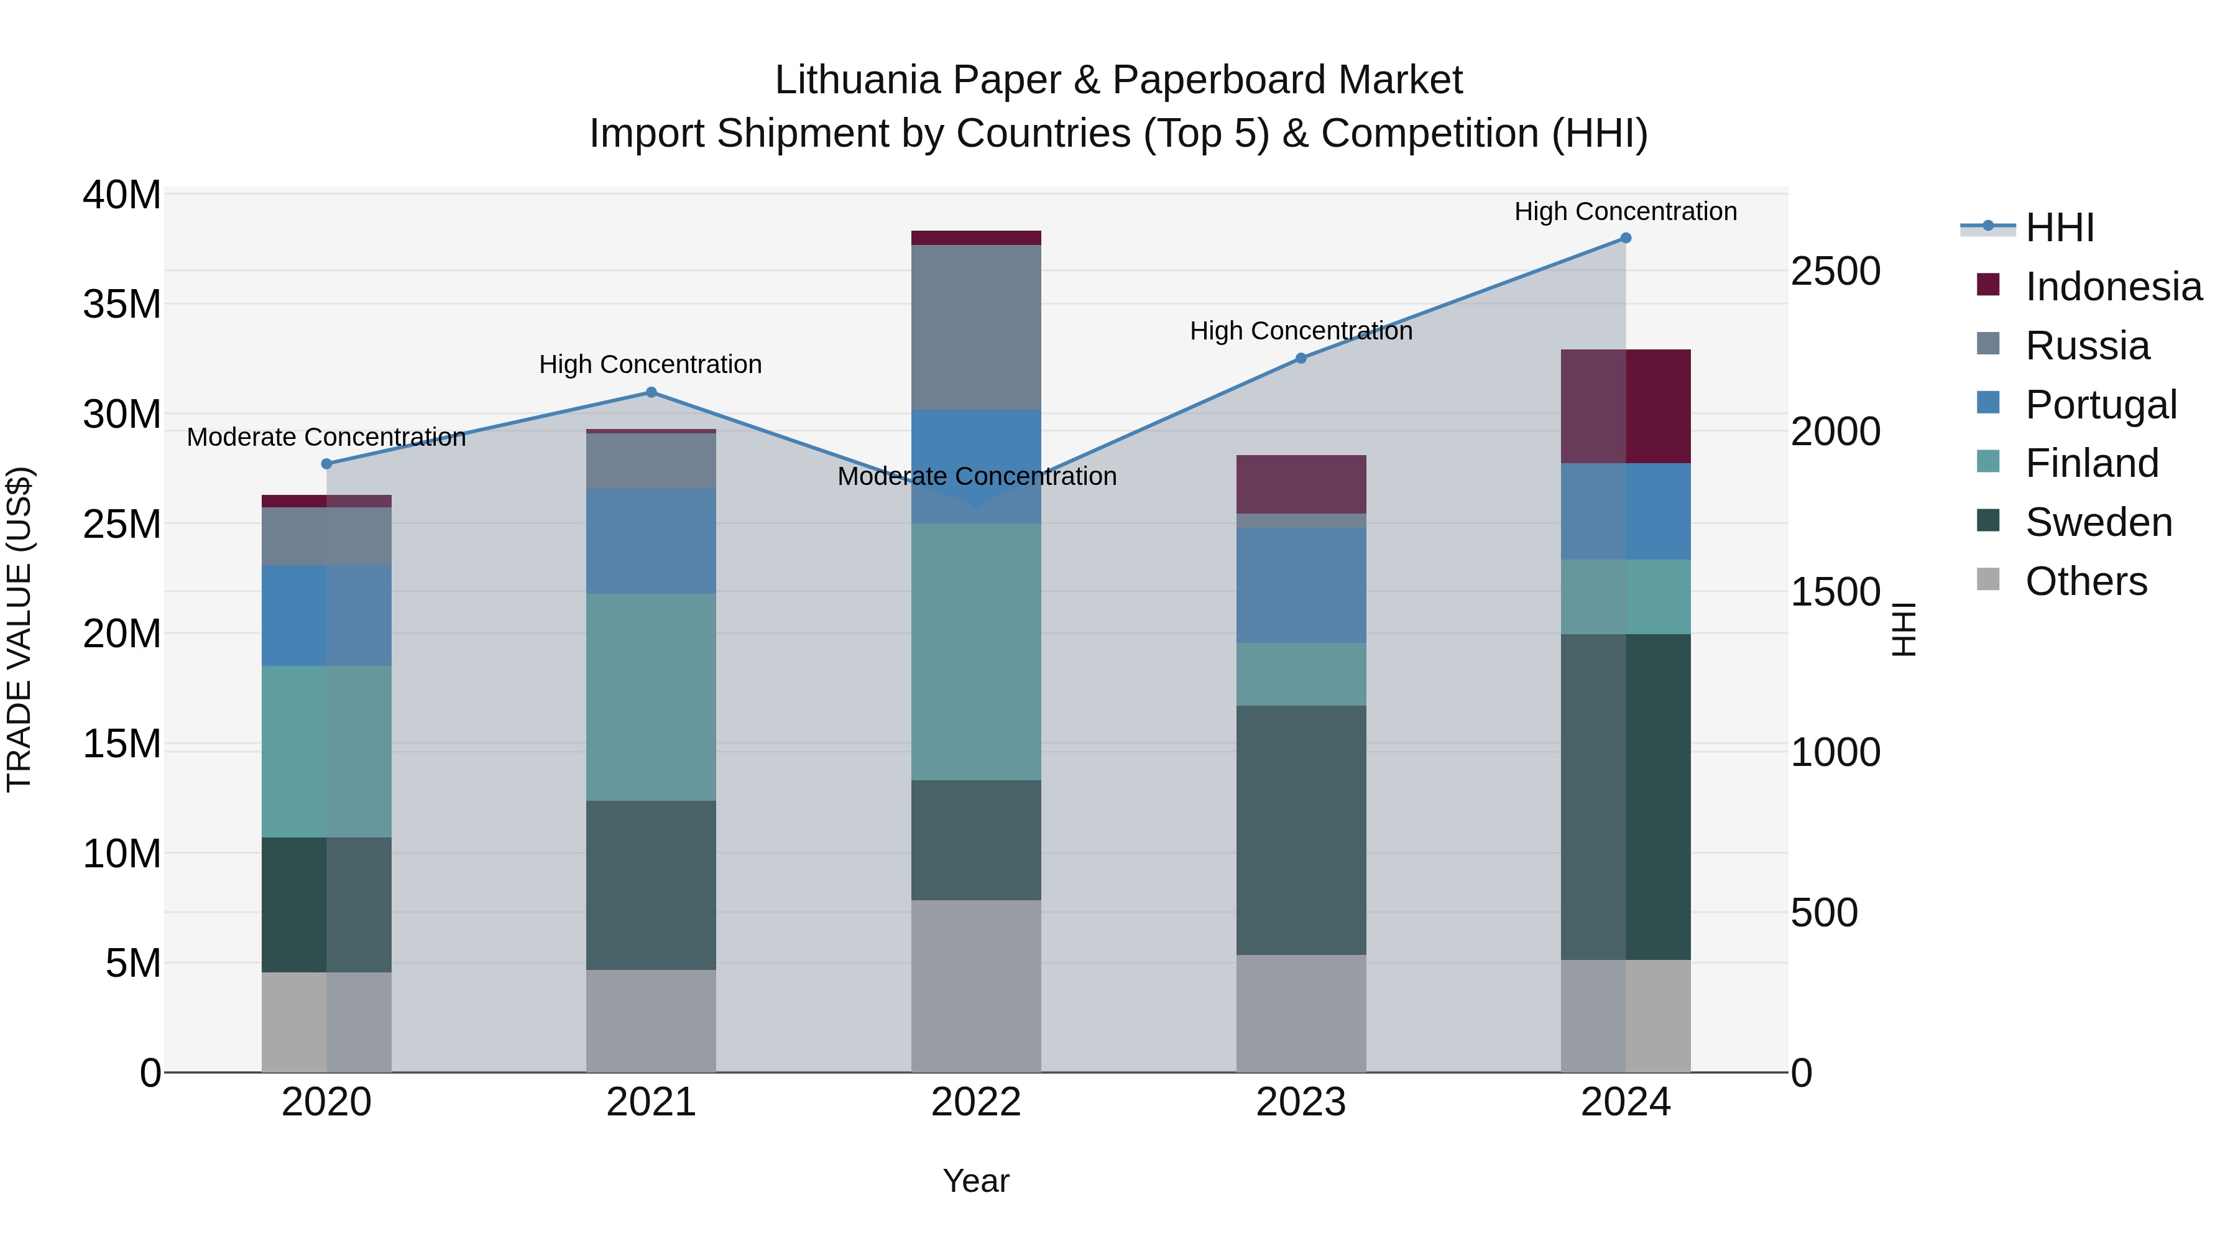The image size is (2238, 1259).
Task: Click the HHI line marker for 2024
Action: click(x=1626, y=238)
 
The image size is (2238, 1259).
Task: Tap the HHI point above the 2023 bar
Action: click(x=1301, y=358)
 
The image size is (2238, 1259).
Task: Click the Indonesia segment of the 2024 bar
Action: click(x=1626, y=407)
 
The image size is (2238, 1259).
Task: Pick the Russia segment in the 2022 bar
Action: click(x=975, y=328)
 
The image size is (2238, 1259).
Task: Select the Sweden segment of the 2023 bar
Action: click(x=1301, y=830)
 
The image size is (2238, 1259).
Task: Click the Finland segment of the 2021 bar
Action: click(x=651, y=697)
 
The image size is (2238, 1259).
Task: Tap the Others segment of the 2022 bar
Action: click(x=975, y=985)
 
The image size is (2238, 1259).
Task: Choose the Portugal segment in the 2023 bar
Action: click(x=1301, y=586)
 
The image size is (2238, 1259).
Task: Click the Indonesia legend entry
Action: click(x=2113, y=287)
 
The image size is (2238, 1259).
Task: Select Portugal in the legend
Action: click(x=2101, y=405)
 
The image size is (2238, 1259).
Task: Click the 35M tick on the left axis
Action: click(x=122, y=305)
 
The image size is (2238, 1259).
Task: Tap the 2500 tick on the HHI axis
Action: click(x=1835, y=272)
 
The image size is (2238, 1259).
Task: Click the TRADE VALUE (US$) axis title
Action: click(x=19, y=630)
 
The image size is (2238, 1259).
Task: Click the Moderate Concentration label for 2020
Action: click(x=326, y=437)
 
